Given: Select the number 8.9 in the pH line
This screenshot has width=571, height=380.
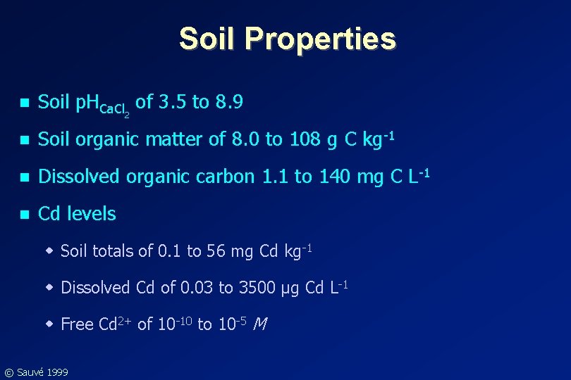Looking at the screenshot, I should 229,103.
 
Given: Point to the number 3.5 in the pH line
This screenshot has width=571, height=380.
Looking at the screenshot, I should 174,103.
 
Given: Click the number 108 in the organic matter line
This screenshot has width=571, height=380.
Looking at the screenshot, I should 304,139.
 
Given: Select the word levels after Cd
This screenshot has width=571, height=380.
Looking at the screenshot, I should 91,213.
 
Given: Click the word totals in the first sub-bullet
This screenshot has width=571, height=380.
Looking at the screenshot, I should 112,251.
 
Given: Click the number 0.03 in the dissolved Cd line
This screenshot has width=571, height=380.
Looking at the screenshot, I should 197,287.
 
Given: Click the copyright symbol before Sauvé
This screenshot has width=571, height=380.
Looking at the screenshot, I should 8,372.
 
